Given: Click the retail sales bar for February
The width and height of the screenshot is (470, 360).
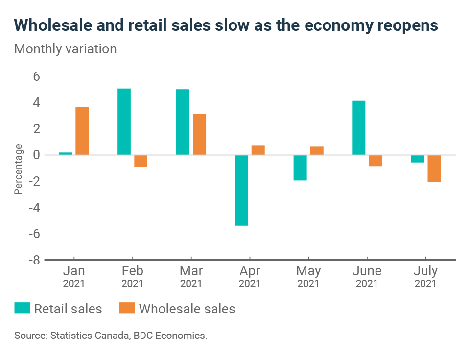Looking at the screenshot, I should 124,121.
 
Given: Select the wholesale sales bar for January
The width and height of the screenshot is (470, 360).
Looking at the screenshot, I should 82,131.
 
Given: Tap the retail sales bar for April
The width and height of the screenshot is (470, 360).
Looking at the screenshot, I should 241,190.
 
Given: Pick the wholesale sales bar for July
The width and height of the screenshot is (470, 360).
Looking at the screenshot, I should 434,168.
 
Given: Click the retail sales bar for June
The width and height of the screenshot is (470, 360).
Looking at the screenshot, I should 359,128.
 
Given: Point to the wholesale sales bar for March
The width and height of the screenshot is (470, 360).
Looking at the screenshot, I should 199,134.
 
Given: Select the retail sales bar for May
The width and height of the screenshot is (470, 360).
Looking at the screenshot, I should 300,168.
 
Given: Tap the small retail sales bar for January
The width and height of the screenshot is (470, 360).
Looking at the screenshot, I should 66,154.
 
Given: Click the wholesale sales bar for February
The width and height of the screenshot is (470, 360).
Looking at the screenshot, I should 141,161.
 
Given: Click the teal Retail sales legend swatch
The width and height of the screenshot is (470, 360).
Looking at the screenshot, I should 22,309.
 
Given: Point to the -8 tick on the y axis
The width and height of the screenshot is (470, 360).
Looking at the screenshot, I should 34,260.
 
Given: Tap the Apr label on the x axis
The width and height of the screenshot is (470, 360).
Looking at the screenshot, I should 249,271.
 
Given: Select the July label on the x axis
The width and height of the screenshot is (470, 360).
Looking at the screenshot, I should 425,271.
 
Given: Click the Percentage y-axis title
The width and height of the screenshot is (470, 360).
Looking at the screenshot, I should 18,169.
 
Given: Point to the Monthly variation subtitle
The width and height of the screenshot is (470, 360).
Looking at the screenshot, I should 66,49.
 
